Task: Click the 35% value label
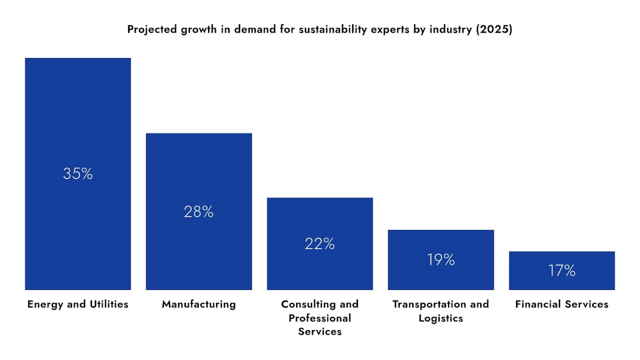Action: click(x=78, y=174)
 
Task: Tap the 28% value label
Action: click(x=199, y=212)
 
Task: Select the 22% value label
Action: click(x=320, y=244)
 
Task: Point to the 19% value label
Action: click(x=441, y=260)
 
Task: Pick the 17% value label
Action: click(x=562, y=271)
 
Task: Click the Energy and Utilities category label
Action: click(x=78, y=304)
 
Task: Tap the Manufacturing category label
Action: click(x=199, y=304)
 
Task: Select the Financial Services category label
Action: click(x=562, y=304)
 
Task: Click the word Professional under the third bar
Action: click(x=320, y=318)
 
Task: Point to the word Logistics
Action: click(x=441, y=318)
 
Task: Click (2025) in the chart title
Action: click(x=494, y=29)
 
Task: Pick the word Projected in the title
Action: click(x=152, y=29)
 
